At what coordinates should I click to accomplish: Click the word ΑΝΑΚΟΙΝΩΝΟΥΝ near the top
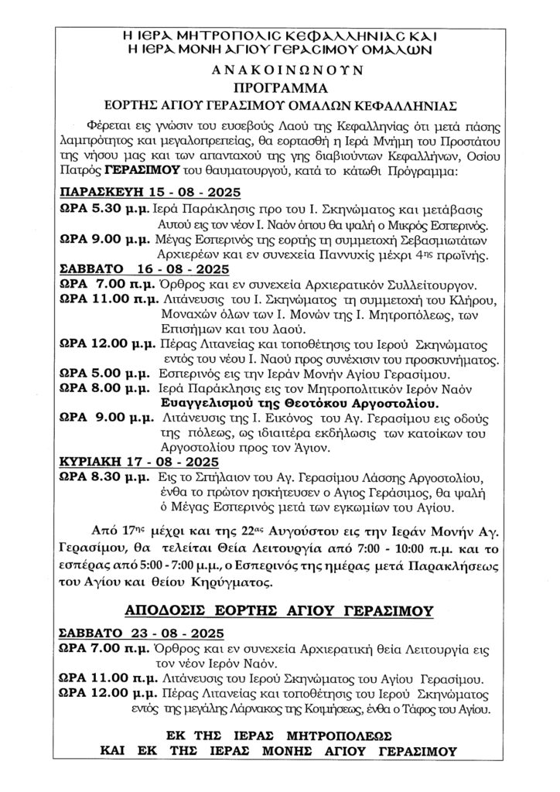280,70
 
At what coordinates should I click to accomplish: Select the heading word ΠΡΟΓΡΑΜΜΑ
280,86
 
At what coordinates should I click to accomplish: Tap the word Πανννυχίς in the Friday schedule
357,255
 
